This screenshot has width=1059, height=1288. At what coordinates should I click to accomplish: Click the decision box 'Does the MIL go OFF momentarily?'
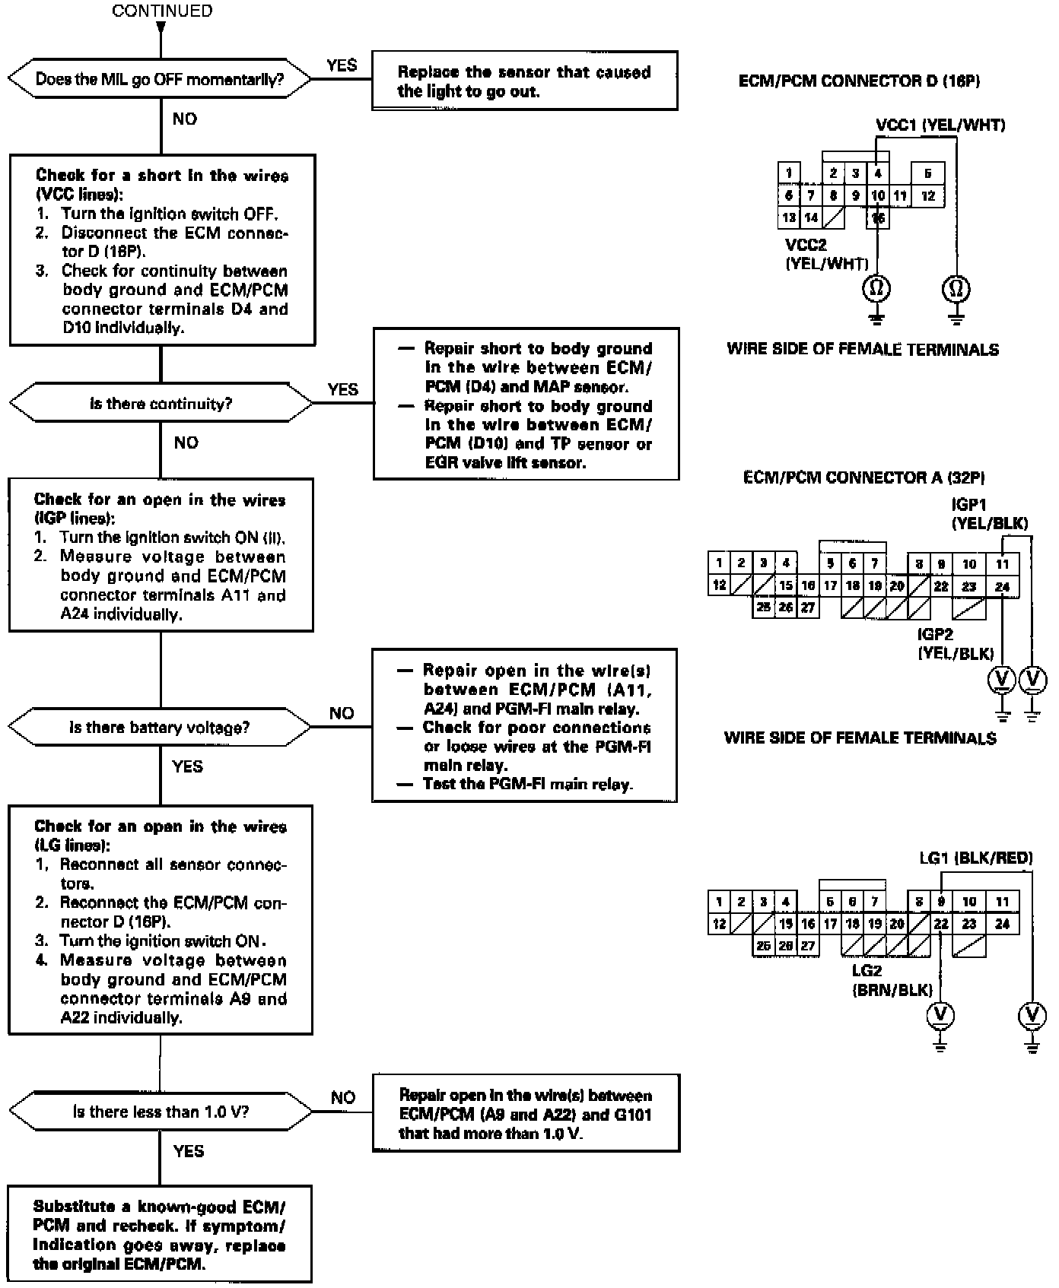(160, 79)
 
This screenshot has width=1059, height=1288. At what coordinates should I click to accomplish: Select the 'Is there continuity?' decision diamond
(161, 403)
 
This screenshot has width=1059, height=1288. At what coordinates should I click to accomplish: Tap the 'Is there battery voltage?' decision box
(160, 728)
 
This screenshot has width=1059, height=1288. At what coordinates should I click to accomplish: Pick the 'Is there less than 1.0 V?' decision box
(161, 1112)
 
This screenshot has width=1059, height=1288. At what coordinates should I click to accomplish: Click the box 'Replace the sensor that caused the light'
(524, 81)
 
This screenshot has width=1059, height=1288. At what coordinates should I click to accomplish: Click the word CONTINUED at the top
(162, 11)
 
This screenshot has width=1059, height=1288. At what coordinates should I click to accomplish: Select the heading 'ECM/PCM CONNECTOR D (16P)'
(859, 81)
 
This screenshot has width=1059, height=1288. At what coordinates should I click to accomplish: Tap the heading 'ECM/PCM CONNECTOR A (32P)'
(863, 477)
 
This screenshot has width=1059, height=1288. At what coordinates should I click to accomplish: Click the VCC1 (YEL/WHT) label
(940, 125)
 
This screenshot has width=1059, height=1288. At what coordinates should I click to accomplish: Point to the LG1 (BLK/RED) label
(976, 858)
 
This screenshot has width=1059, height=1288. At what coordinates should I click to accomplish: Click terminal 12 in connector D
(927, 195)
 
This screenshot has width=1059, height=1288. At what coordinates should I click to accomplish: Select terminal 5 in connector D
(927, 173)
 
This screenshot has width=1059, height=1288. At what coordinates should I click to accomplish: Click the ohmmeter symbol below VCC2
(877, 288)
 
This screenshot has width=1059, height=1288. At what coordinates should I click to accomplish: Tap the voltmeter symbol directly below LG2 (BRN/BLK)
(941, 1014)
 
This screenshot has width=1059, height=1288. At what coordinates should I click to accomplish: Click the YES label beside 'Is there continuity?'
(342, 389)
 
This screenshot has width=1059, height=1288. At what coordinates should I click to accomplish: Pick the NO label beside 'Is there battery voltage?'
(342, 713)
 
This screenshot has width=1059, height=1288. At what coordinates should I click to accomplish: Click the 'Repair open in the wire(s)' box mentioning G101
(526, 1113)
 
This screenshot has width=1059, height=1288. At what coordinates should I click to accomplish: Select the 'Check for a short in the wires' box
(162, 251)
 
